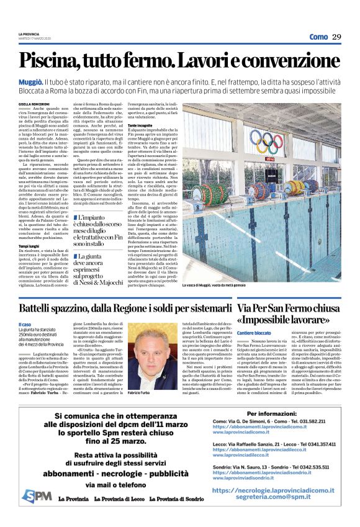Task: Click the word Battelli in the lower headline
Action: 37,307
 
